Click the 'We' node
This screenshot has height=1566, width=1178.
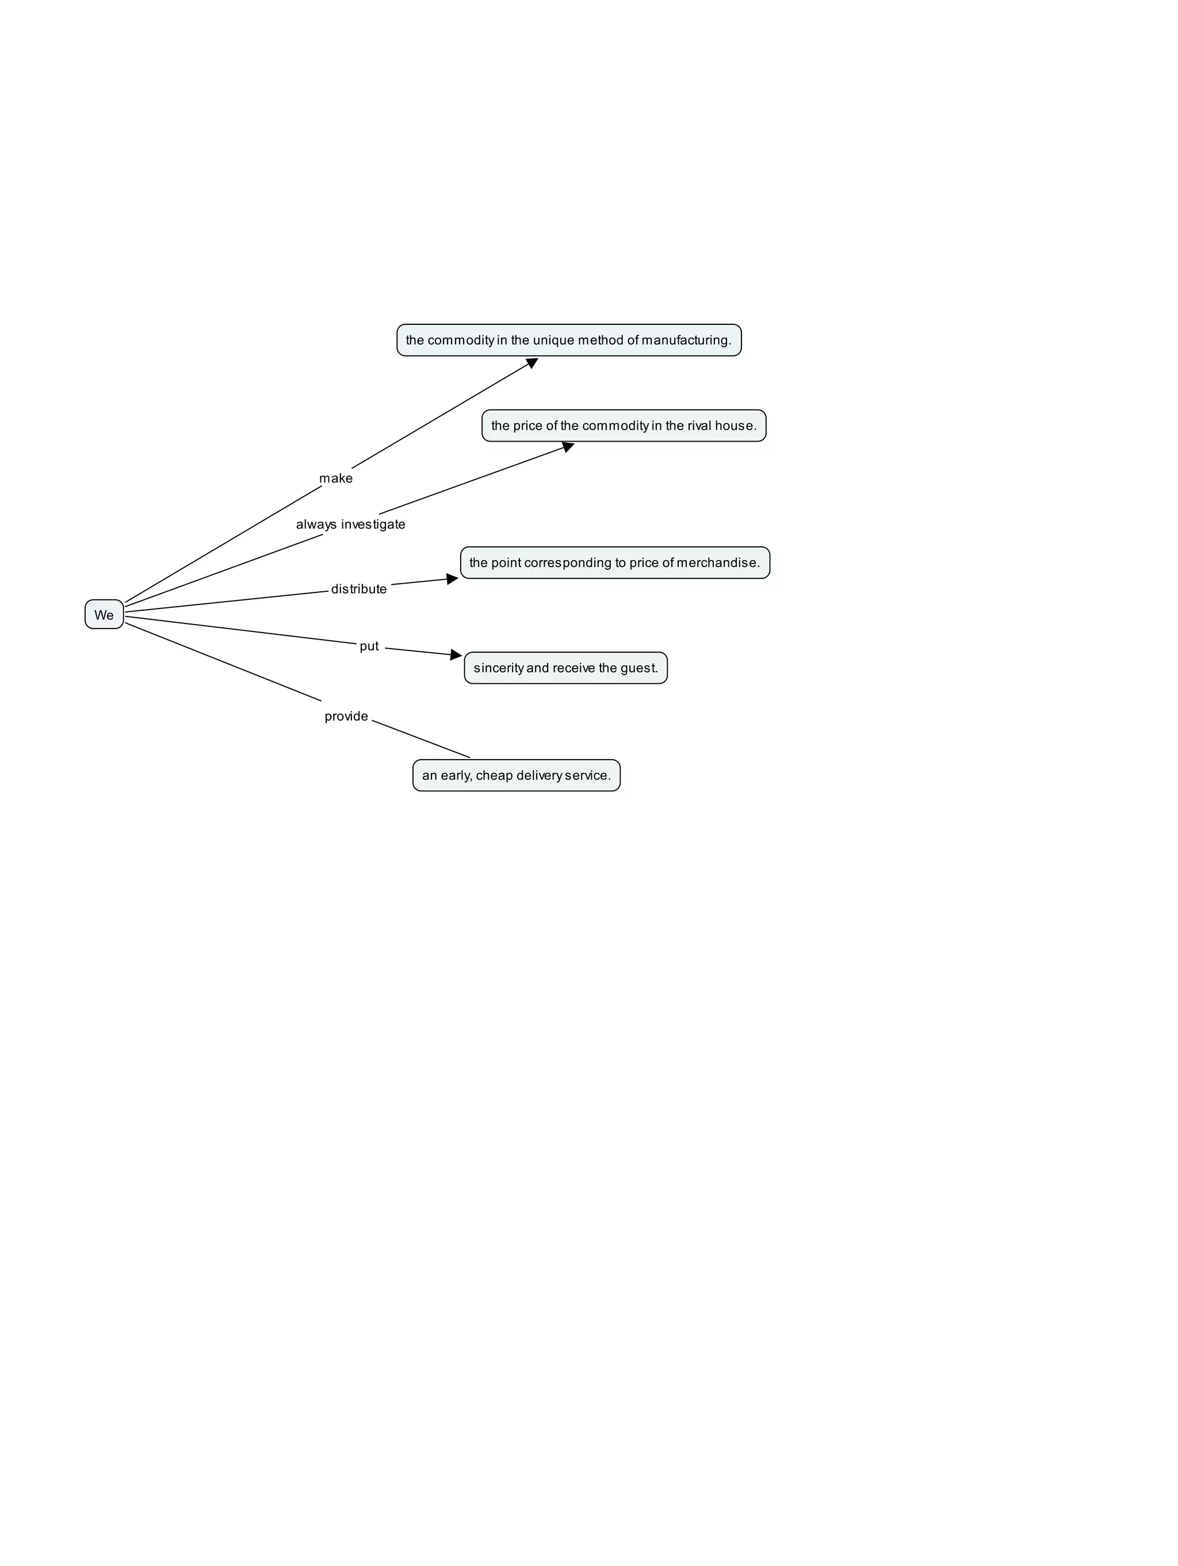point(104,615)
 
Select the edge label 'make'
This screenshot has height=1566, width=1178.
point(335,478)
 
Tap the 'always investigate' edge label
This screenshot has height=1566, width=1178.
point(350,524)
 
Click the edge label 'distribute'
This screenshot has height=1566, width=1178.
point(359,589)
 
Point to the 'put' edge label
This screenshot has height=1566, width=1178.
point(369,646)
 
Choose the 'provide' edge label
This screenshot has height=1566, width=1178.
point(346,717)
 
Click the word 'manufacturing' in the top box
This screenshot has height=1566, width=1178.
point(685,340)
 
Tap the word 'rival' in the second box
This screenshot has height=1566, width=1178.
point(699,426)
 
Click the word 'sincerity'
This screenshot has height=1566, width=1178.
point(498,668)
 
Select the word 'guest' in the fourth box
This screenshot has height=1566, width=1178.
point(637,668)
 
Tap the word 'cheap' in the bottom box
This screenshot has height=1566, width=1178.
point(494,776)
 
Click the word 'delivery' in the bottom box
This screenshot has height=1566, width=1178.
point(539,776)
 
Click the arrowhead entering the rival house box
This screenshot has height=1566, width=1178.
point(568,447)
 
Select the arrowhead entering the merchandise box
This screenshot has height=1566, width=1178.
point(452,579)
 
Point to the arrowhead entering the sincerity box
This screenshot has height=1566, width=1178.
point(456,655)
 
